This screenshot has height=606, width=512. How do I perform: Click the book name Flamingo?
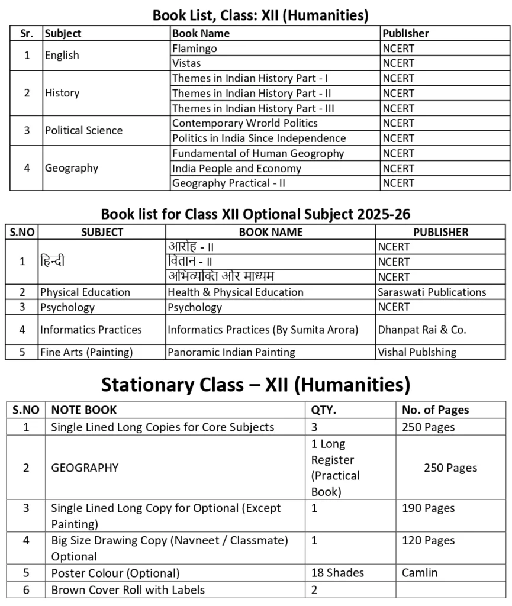pyautogui.click(x=195, y=49)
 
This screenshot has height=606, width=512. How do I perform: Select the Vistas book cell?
pyautogui.click(x=186, y=63)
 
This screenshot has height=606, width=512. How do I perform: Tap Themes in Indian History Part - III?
pyautogui.click(x=253, y=108)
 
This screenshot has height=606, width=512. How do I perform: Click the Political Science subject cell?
pyautogui.click(x=83, y=131)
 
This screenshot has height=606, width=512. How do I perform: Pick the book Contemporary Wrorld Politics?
pyautogui.click(x=244, y=123)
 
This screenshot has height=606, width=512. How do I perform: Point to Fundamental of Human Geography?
pyautogui.click(x=257, y=153)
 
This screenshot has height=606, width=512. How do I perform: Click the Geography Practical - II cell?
pyautogui.click(x=228, y=183)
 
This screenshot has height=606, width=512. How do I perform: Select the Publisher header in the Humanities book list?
pyautogui.click(x=405, y=33)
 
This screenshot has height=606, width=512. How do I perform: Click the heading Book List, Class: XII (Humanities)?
pyautogui.click(x=260, y=15)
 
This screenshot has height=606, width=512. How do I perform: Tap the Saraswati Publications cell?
pyautogui.click(x=432, y=292)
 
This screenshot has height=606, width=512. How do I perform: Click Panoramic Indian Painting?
pyautogui.click(x=231, y=352)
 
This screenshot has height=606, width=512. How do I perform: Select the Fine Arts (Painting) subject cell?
pyautogui.click(x=86, y=352)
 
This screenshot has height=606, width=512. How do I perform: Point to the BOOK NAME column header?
pyautogui.click(x=271, y=232)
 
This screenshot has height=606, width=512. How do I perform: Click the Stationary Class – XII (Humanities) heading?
pyautogui.click(x=256, y=385)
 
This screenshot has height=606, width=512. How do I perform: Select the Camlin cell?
pyautogui.click(x=420, y=573)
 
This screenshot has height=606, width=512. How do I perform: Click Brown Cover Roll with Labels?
pyautogui.click(x=128, y=589)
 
